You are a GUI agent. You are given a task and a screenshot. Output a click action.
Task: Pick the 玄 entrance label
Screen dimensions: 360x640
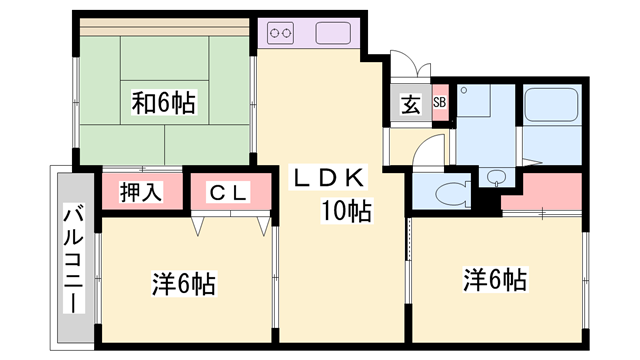(411, 103)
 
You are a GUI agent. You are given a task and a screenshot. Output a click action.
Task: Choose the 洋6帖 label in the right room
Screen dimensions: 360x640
(495, 280)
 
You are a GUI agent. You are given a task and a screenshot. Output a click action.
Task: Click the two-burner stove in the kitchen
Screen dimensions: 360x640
(281, 34)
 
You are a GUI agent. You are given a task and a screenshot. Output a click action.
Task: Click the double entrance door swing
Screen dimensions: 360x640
(411, 68)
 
